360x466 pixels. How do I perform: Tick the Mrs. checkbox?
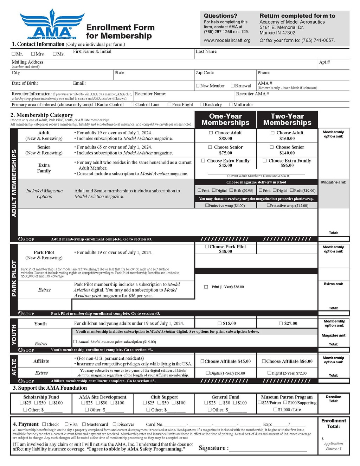click(33, 54)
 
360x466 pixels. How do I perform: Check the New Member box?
click(198, 85)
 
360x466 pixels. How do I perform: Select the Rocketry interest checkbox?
click(202, 104)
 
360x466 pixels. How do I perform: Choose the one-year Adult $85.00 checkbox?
click(211, 133)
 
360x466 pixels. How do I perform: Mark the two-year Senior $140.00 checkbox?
click(272, 147)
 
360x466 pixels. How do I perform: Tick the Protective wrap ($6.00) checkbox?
click(207, 205)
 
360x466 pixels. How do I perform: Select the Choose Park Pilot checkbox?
click(207, 247)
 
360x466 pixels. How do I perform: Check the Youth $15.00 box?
click(220, 323)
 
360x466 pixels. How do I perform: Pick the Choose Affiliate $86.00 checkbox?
click(264, 361)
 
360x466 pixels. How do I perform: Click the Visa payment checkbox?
click(66, 424)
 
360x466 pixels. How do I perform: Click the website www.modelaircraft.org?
click(227, 40)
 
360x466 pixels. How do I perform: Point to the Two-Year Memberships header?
click(287, 120)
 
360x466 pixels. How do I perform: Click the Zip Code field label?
click(205, 73)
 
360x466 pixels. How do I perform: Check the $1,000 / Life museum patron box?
click(275, 409)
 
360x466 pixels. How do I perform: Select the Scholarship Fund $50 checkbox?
click(37, 403)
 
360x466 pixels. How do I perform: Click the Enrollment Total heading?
click(333, 423)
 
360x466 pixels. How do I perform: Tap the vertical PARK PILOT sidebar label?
click(14, 278)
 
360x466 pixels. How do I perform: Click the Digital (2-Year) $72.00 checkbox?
click(269, 373)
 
